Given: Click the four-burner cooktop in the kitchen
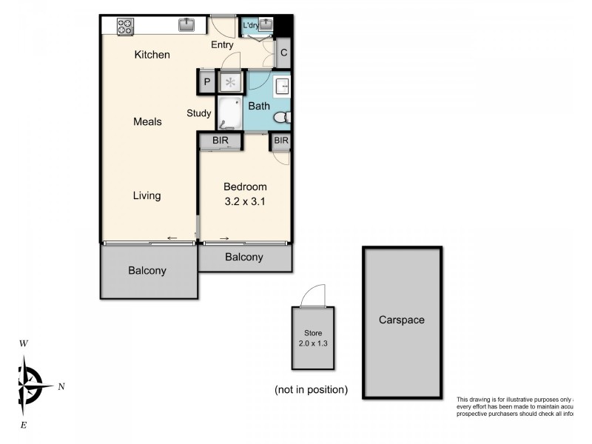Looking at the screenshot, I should pos(125,27).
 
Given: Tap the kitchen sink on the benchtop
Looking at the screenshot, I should pos(186,26).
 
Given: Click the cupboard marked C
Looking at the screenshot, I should pos(283,53).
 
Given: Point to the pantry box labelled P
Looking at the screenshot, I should pos(206,81).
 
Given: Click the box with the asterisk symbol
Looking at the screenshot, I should pos(230,81).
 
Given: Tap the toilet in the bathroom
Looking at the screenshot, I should pos(283,118).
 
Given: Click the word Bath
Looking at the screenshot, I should pos(258,106).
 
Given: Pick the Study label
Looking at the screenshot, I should pos(199,113).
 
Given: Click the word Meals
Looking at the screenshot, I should pos(147,121).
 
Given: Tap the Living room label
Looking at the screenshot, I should pos(147,195).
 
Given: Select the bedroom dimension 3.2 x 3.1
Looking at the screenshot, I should pos(245,201).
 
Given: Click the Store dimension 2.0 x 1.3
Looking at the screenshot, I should pos(312,343).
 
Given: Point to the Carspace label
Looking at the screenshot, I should pos(401,320).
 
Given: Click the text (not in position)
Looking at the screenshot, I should pos(310,389).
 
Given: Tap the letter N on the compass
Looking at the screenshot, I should pos(61,386).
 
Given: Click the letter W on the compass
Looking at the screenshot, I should pos(24,343).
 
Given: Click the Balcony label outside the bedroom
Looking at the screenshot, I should pos(243,258).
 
